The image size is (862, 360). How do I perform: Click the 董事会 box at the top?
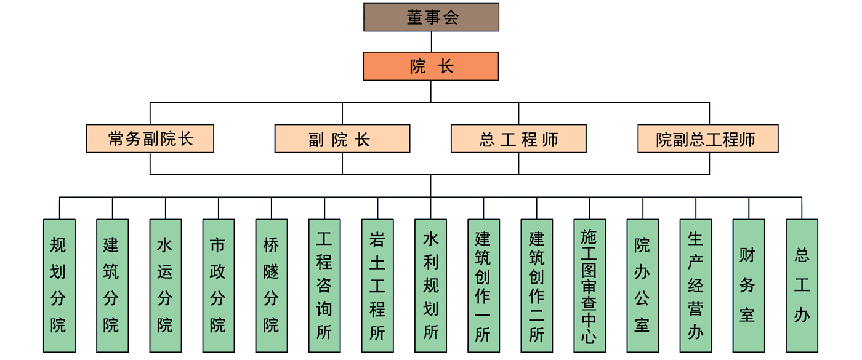pyautogui.click(x=431, y=17)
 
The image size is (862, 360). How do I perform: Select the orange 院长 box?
pyautogui.click(x=431, y=66)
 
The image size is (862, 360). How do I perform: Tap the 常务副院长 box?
pyautogui.click(x=150, y=139)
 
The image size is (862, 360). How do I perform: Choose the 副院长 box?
pyautogui.click(x=342, y=139)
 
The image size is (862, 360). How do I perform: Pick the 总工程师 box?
pyautogui.click(x=518, y=139)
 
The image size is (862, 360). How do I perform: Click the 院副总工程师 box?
pyautogui.click(x=708, y=139)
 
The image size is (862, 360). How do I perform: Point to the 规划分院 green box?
pyautogui.click(x=59, y=286)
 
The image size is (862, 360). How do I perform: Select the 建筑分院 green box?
pyautogui.click(x=112, y=286)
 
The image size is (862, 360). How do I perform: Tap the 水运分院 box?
pyautogui.click(x=166, y=286)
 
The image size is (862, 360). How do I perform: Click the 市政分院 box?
pyautogui.click(x=219, y=286)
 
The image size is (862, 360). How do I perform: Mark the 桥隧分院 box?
pyautogui.click(x=272, y=286)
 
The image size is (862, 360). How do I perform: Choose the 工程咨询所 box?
pyautogui.click(x=324, y=286)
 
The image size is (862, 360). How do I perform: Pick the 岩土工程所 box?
pyautogui.click(x=377, y=286)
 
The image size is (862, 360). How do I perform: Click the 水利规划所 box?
pyautogui.click(x=430, y=286)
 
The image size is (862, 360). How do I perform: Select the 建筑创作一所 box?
pyautogui.click(x=483, y=286)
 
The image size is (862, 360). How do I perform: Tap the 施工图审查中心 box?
pyautogui.click(x=589, y=286)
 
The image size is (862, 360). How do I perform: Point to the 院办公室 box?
pyautogui.click(x=643, y=286)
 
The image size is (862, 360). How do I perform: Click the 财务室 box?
pyautogui.click(x=749, y=286)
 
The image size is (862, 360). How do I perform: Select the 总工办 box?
pyautogui.click(x=802, y=286)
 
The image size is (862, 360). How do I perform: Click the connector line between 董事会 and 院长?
pyautogui.click(x=431, y=42)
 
